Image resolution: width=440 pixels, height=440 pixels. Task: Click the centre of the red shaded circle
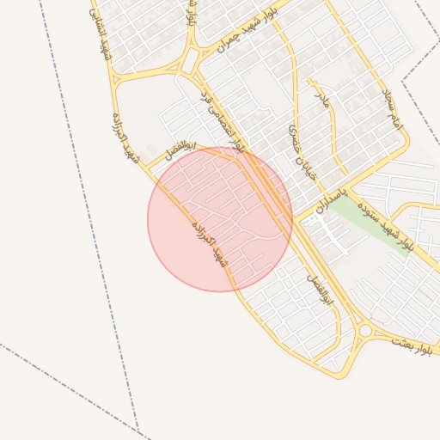point(220,219)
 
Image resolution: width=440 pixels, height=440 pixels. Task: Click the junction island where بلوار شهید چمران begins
point(189,65)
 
